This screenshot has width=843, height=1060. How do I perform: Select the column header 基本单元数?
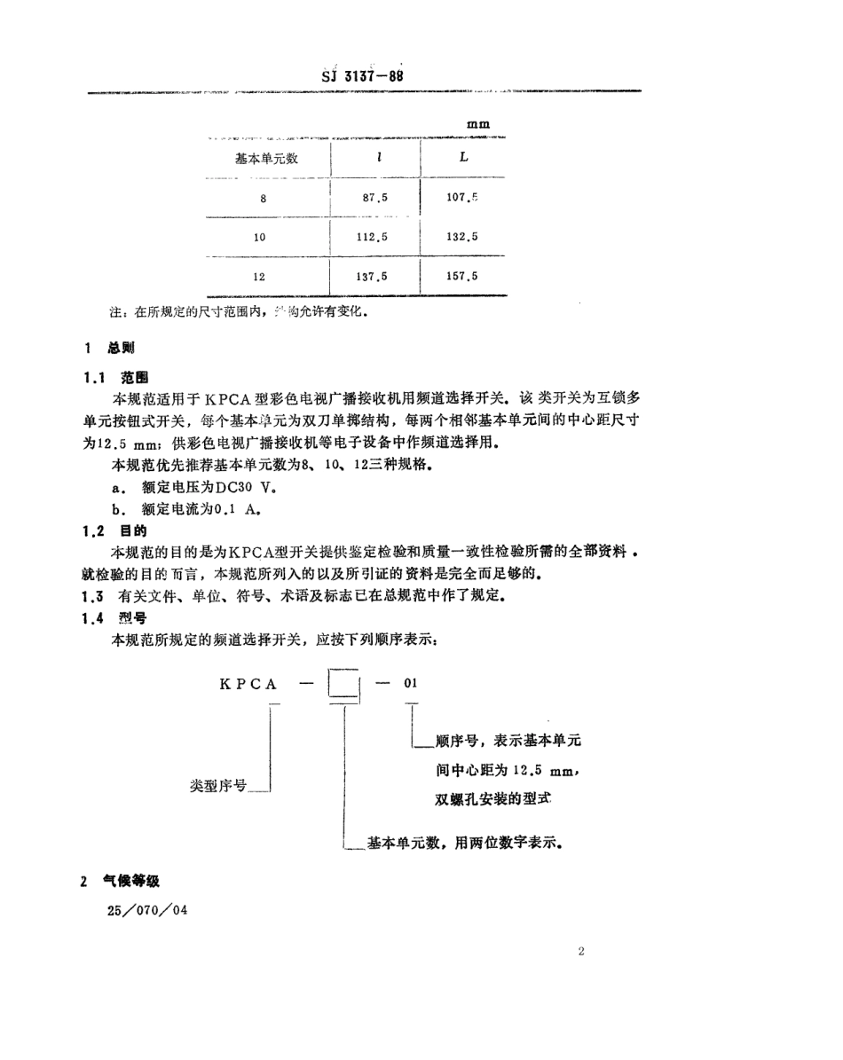(x=265, y=159)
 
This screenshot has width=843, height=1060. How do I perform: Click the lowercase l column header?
(x=379, y=159)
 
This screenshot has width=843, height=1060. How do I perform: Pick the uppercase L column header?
(x=463, y=158)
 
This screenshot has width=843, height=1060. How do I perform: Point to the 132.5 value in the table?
(x=463, y=237)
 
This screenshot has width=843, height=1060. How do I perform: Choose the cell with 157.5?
(x=463, y=276)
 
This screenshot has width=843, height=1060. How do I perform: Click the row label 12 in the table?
(x=259, y=277)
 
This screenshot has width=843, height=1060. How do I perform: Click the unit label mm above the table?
(x=478, y=125)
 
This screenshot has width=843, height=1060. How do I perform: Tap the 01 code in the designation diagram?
(x=410, y=683)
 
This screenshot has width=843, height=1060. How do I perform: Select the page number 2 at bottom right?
(x=581, y=953)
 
